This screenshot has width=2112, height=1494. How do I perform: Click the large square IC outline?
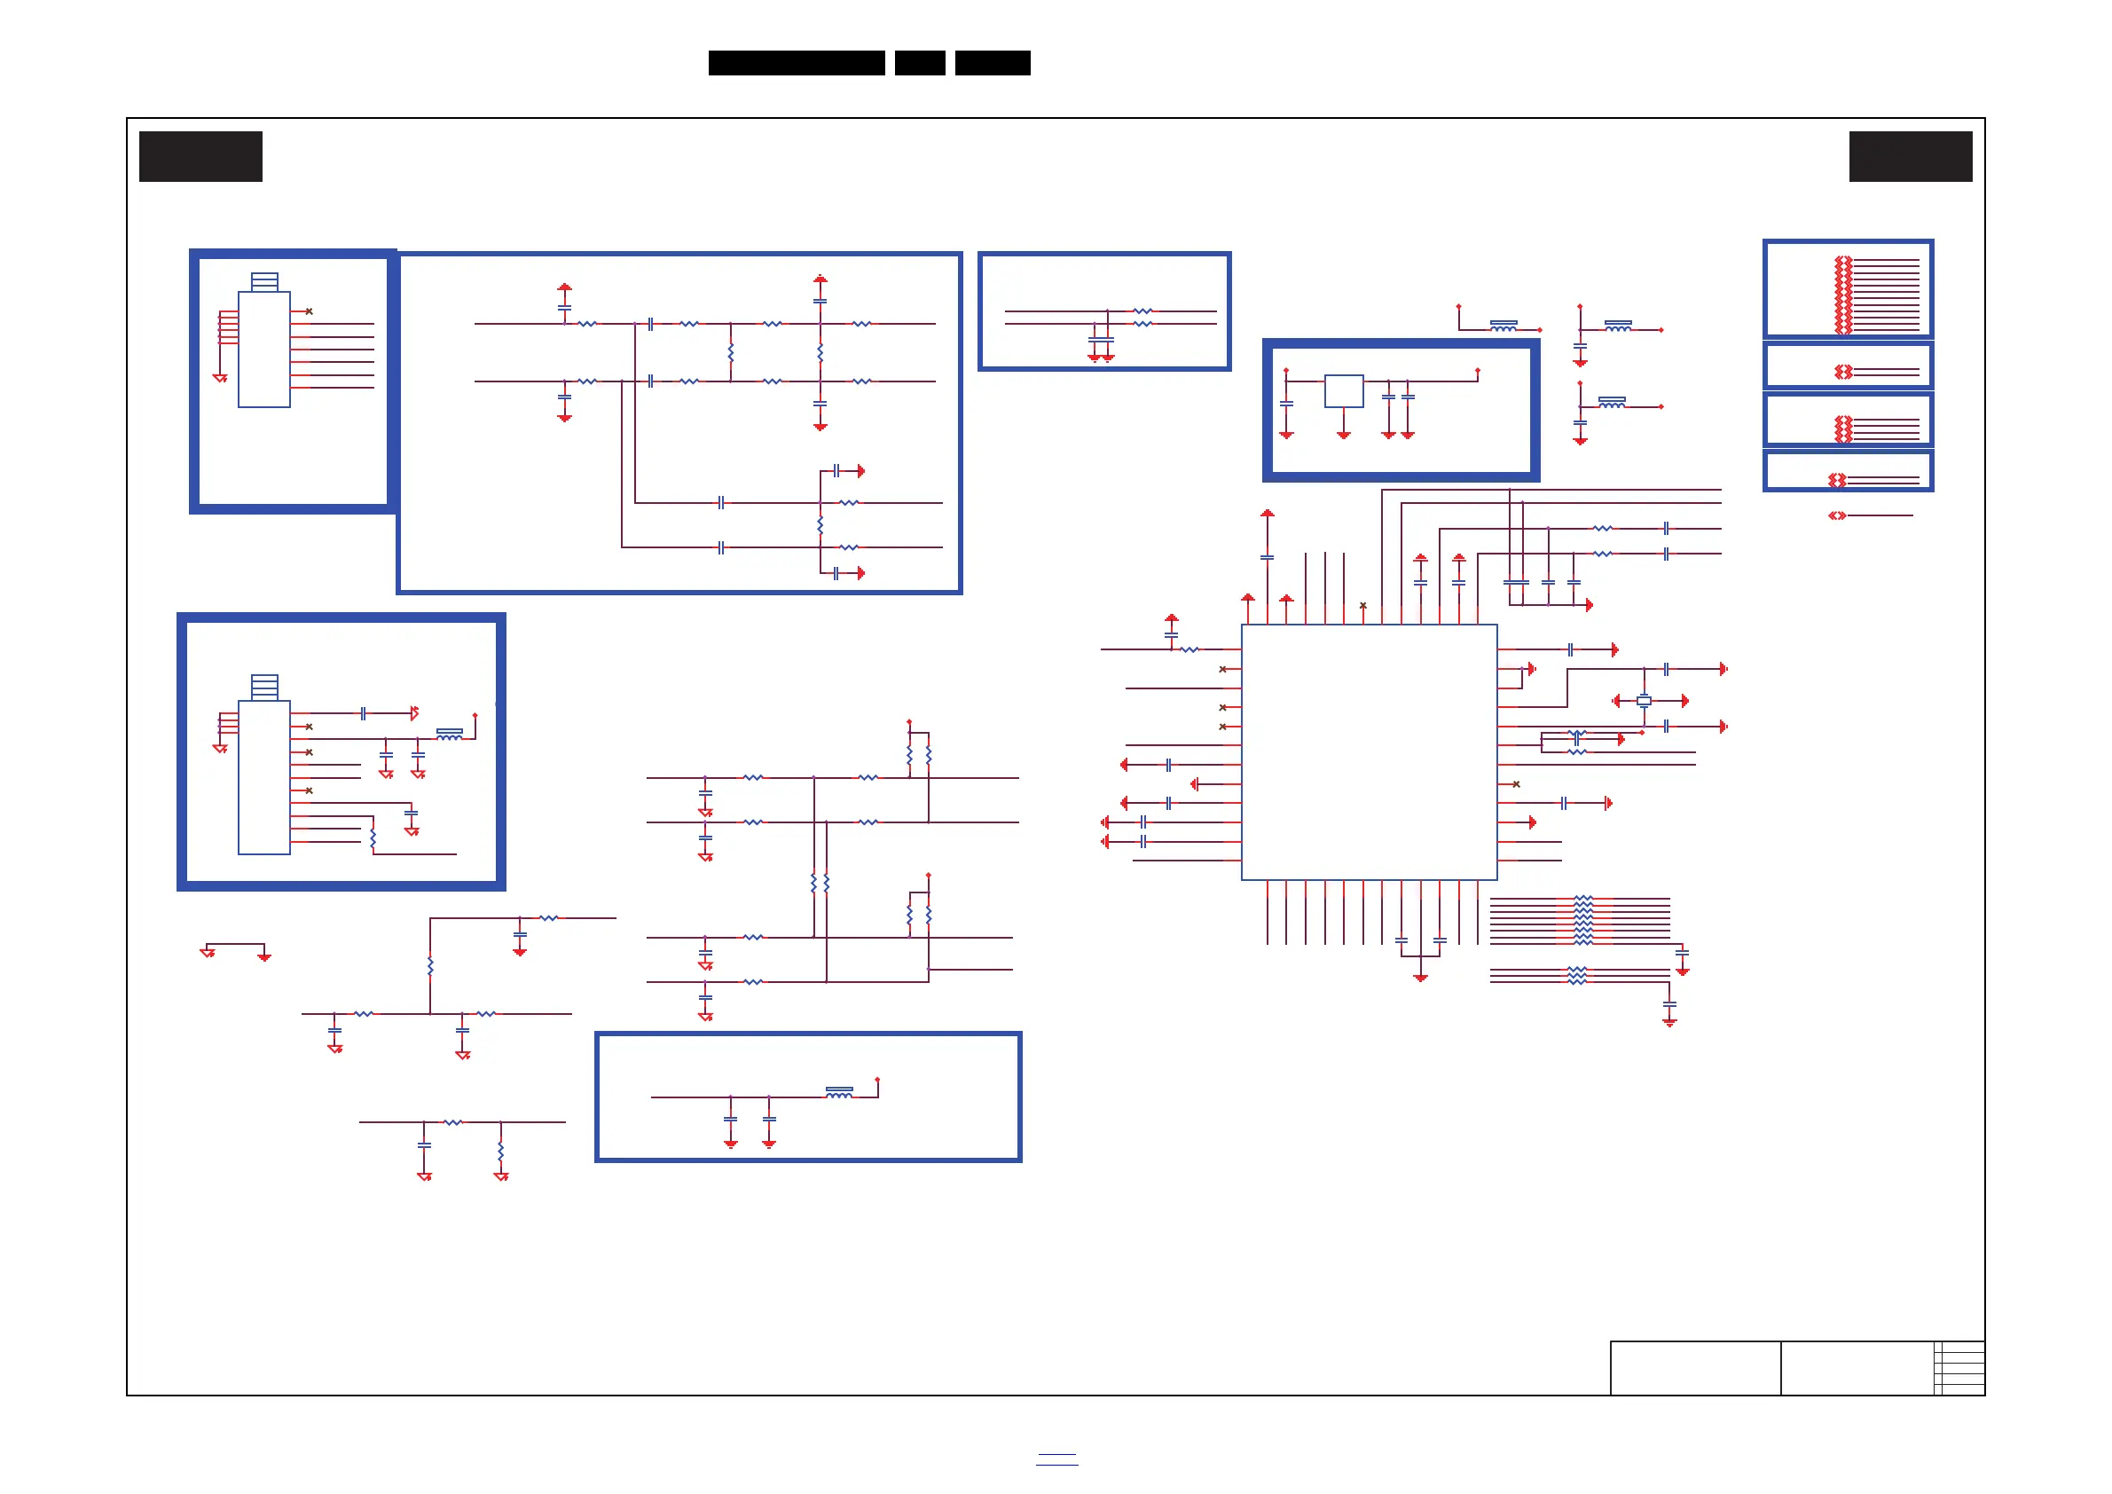1369,751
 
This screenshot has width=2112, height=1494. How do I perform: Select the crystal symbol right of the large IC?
1644,701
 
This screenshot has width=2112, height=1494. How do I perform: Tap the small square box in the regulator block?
1343,391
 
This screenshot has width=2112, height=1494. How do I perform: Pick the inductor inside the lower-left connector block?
449,734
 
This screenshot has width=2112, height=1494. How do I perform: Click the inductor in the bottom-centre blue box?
839,1092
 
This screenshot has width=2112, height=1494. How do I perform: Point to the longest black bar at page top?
796,63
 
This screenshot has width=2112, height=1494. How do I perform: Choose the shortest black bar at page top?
919,63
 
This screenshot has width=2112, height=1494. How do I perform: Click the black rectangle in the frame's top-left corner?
200,156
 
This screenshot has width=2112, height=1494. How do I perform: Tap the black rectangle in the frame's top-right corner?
1910,156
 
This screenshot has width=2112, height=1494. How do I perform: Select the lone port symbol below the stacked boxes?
1836,515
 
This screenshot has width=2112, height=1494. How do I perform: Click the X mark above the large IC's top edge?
1362,605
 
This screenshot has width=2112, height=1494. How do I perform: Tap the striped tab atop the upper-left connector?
264,281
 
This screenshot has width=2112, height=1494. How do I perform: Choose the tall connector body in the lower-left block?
264,777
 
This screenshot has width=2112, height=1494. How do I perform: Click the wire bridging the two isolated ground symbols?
235,944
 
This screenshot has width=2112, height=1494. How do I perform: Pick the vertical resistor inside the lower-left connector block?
373,838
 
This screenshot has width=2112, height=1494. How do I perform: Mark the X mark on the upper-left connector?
309,311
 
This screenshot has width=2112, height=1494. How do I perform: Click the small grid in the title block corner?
1959,1368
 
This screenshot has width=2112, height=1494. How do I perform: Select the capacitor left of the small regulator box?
1286,403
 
